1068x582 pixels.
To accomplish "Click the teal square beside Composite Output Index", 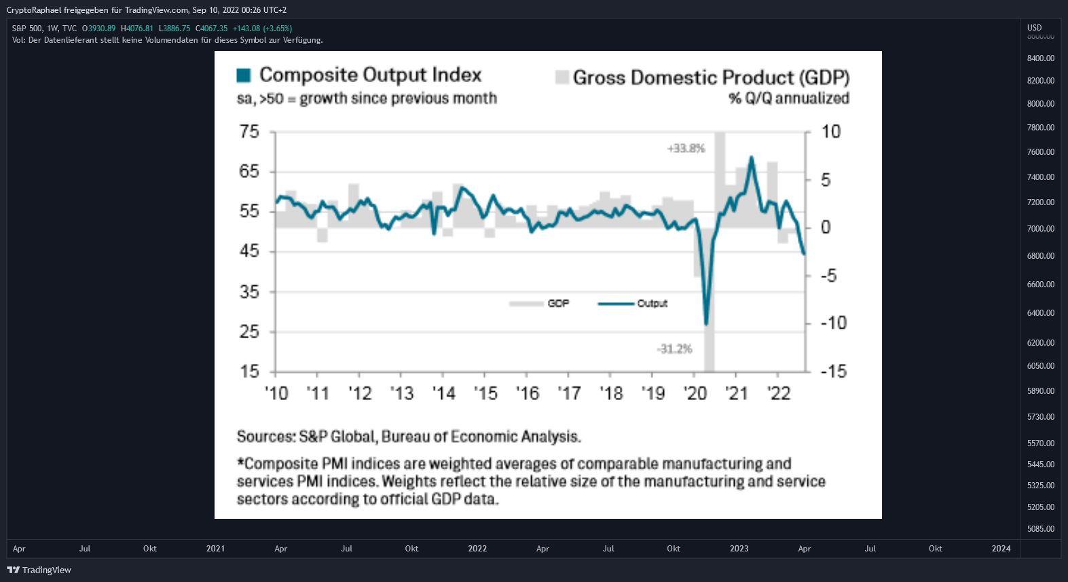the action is (244, 75).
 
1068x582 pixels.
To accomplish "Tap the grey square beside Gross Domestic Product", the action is (563, 77).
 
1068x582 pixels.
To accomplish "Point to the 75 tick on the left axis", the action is (248, 131).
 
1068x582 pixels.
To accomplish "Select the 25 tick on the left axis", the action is (248, 331).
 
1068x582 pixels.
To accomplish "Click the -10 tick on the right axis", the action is (834, 323).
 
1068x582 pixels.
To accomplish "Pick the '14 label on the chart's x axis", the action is (444, 393).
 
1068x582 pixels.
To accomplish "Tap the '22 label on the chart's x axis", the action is (779, 393).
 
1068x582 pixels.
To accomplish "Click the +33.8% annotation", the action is (686, 148).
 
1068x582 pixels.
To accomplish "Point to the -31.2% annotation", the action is (674, 349).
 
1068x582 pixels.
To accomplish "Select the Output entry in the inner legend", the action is (633, 304).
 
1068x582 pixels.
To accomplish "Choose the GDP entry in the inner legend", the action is (539, 304).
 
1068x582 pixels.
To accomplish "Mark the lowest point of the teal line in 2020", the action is (706, 325).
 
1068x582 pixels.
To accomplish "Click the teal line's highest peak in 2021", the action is (752, 157).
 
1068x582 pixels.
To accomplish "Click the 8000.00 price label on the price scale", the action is (1040, 103).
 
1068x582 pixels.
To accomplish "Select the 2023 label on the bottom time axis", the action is (739, 549).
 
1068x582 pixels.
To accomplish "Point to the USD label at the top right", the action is (1034, 28).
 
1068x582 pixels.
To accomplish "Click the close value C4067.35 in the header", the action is (212, 28).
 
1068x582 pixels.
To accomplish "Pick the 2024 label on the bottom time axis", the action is (1001, 549).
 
